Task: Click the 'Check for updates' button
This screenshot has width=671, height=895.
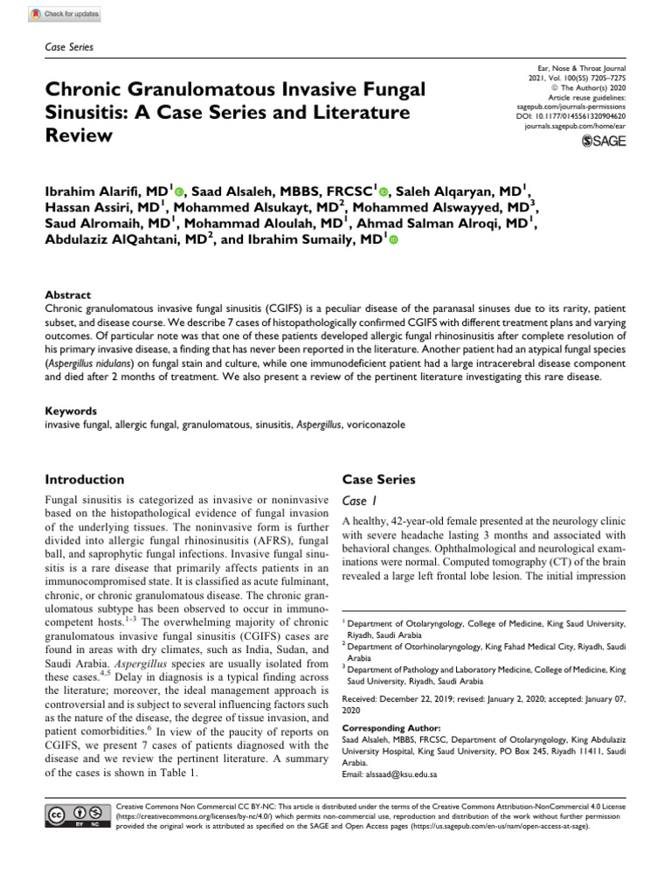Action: point(66,15)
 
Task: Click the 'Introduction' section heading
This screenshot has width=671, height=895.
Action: point(84,479)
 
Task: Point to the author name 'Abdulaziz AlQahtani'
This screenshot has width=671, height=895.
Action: point(117,239)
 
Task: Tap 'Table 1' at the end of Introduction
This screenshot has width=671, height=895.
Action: point(174,774)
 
